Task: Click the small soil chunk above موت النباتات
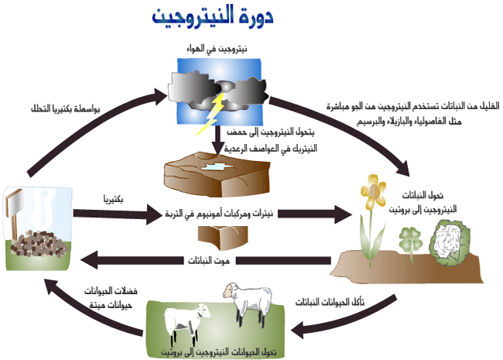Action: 214,235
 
